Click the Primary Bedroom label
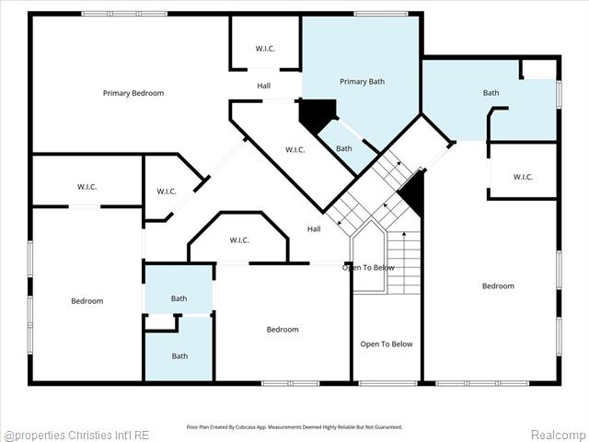point(133,93)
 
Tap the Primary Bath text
point(362,82)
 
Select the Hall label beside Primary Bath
point(264,87)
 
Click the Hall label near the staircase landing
point(314,229)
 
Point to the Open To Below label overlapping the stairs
point(368,268)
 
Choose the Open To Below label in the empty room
point(387,344)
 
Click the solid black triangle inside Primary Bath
point(314,114)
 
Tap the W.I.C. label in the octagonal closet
point(238,241)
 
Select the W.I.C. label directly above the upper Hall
point(264,49)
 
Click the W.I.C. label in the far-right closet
point(522,177)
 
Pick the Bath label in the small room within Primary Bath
point(343,149)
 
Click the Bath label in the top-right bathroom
point(491,93)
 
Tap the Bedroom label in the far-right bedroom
point(498,286)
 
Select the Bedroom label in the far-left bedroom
point(87,301)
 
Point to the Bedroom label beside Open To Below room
point(283,330)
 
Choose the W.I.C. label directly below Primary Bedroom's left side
point(87,187)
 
